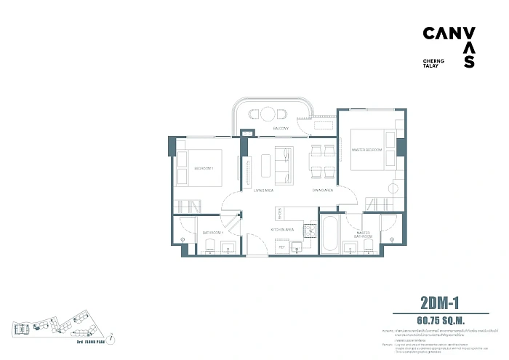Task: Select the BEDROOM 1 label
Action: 204,168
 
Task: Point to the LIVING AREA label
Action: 262,190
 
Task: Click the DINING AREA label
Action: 322,190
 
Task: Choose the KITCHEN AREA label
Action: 282,229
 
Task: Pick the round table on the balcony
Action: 267,113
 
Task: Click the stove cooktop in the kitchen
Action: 308,229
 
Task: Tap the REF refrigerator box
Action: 281,247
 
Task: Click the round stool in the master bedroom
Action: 394,188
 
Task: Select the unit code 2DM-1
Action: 443,301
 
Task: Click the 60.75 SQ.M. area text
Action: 441,319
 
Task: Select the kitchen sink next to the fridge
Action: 297,248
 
